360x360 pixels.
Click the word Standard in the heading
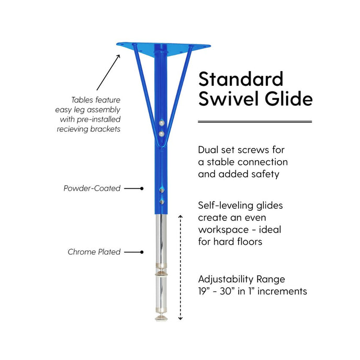[241, 79]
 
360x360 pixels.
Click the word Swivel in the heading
[229, 98]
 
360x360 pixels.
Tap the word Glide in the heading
[289, 98]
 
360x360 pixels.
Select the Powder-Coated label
[92, 188]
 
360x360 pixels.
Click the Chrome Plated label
[94, 252]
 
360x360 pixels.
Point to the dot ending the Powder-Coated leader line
[142, 188]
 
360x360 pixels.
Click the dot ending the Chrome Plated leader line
[142, 252]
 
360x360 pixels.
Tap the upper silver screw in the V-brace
[162, 123]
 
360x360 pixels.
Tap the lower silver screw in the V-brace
[162, 133]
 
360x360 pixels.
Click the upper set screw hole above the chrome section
[162, 190]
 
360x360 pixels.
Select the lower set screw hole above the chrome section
[162, 202]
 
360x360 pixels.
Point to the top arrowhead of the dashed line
[181, 217]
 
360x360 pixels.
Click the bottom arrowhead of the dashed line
[181, 319]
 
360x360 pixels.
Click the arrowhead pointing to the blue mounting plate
[118, 57]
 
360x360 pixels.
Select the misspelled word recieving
[72, 129]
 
